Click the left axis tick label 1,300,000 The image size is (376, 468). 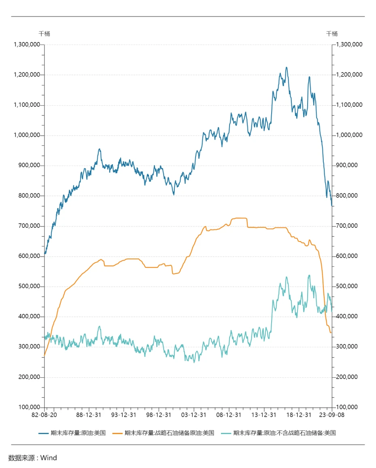(x=27, y=44)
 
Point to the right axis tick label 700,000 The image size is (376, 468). (x=347, y=226)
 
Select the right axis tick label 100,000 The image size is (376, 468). (x=347, y=407)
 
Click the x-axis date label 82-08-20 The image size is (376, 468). (x=45, y=415)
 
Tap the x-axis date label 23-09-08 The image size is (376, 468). (x=332, y=415)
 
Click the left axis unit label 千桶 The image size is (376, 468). (x=45, y=34)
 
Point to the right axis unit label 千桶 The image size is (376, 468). (x=332, y=34)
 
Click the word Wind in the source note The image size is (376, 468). (x=49, y=458)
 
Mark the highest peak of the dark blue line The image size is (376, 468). (x=287, y=68)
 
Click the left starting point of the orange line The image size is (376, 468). (x=45, y=355)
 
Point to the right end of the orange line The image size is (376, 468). (x=331, y=332)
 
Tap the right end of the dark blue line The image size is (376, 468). (x=332, y=206)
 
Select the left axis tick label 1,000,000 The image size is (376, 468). (x=27, y=135)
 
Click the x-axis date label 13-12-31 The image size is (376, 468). (x=264, y=415)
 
